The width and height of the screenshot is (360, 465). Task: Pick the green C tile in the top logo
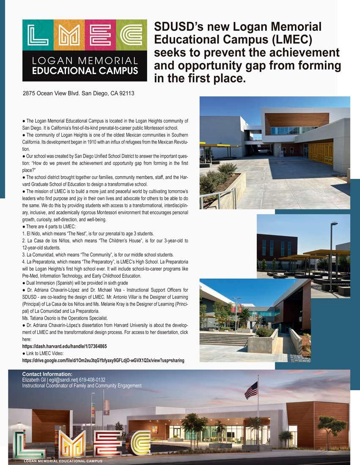pos(131,35)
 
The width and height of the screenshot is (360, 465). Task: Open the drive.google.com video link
pos(103,360)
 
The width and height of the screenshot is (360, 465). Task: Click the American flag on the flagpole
pos(251,390)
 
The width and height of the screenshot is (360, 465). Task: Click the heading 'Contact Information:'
pos(47,374)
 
